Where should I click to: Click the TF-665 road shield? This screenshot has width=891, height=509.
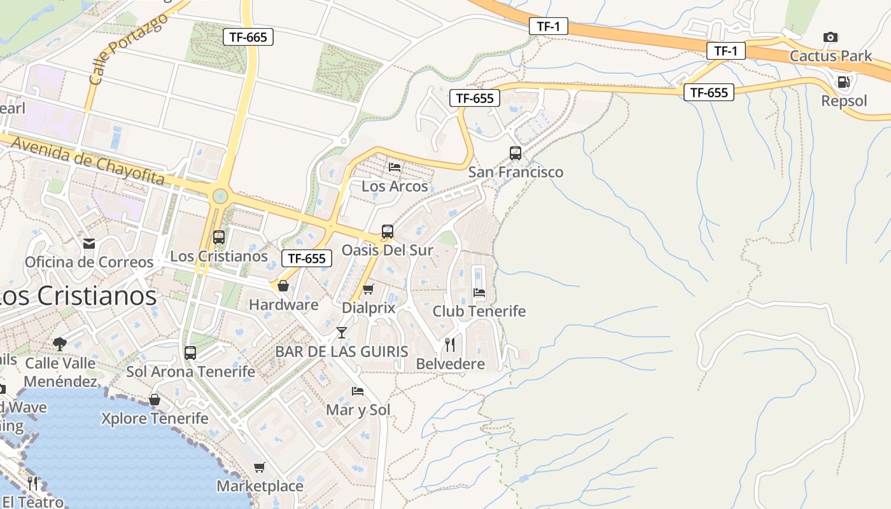coord(248,37)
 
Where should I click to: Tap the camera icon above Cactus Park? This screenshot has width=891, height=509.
coord(831,37)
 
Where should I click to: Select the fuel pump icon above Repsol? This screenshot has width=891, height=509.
coord(843,81)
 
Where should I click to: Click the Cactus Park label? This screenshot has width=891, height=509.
coord(831,56)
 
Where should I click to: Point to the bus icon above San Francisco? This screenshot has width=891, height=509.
coord(516,153)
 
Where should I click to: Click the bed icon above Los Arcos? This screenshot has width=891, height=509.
coord(395,167)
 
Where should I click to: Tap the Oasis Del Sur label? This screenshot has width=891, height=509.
coord(387,250)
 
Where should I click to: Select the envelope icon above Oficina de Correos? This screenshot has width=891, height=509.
coord(89,243)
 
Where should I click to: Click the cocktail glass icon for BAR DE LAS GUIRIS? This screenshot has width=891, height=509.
coord(342,332)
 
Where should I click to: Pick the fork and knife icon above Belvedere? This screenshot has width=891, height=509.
coord(450,345)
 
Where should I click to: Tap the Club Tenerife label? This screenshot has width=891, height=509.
coord(479,311)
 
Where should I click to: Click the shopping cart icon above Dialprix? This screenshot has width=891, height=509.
coord(368,289)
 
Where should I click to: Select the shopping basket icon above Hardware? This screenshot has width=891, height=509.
coord(283,286)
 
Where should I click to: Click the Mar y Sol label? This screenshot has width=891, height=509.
coord(358,410)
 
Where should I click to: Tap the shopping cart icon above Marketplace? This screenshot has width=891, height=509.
coord(260,468)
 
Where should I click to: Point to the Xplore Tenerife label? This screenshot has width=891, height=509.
coord(155,418)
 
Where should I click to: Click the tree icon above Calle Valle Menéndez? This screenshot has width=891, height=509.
coord(60,344)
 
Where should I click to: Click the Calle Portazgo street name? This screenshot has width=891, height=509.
coord(129,48)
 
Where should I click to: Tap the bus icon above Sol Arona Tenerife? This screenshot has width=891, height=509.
coord(190,352)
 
